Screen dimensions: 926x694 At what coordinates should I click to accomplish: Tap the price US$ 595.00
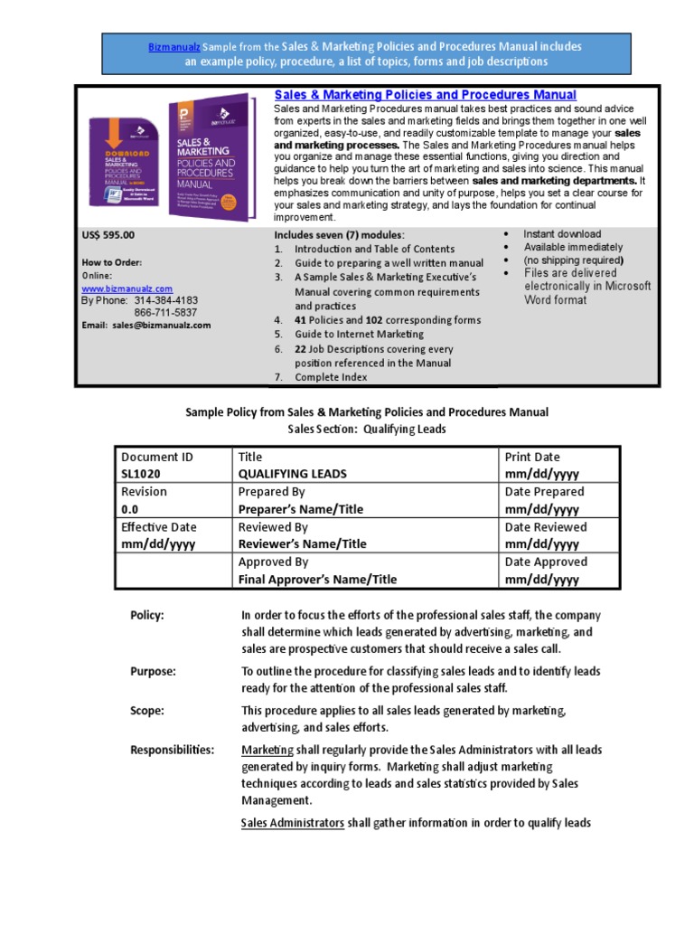[x=108, y=234]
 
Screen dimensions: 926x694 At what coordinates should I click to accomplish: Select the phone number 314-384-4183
[x=166, y=300]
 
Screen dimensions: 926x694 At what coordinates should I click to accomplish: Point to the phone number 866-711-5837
[x=166, y=313]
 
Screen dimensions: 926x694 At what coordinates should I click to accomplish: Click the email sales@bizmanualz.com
[x=161, y=325]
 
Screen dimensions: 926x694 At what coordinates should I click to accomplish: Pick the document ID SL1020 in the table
[x=145, y=474]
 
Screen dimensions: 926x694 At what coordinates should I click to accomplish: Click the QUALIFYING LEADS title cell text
[x=292, y=474]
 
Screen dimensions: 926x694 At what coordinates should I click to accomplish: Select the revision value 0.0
[x=131, y=509]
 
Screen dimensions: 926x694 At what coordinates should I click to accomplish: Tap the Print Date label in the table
[x=533, y=457]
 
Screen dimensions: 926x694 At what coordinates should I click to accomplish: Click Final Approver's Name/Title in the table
[x=317, y=580]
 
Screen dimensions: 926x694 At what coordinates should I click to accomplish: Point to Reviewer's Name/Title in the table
[x=302, y=544]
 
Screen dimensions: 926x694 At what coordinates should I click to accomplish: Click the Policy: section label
[x=147, y=615]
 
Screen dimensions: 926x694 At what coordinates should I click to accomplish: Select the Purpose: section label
[x=153, y=671]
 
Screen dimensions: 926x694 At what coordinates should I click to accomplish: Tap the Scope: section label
[x=147, y=711]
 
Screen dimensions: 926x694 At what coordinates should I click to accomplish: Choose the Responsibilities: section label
[x=173, y=750]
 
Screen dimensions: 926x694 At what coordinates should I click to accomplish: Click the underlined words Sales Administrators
[x=293, y=823]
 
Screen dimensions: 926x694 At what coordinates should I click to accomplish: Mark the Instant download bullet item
[x=562, y=234]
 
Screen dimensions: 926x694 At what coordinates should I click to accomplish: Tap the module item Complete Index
[x=331, y=377]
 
